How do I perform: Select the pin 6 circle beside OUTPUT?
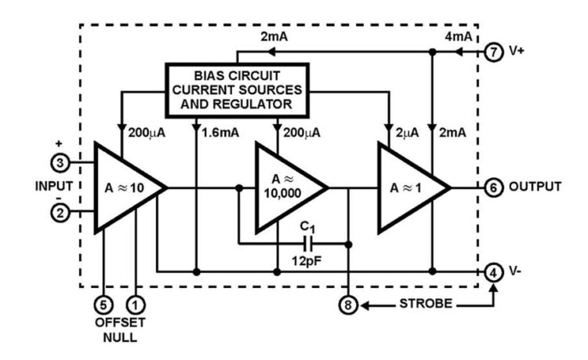(492, 187)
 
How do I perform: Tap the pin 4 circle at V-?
(492, 272)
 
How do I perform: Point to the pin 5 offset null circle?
(104, 301)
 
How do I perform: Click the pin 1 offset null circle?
(136, 301)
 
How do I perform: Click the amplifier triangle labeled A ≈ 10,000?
(286, 187)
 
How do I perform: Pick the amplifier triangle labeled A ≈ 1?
(408, 187)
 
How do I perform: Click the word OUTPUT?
(535, 187)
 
